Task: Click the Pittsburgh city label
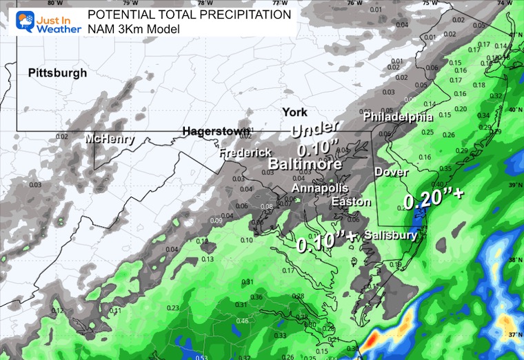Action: [58, 73]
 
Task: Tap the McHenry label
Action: [110, 140]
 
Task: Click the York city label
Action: [294, 112]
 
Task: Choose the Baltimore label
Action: [305, 165]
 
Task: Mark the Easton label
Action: [351, 202]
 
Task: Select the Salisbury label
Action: [390, 234]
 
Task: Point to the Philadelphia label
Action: [399, 117]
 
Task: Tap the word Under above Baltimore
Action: [316, 129]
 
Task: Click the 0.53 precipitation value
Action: [202, 357]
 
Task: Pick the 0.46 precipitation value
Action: [243, 321]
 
